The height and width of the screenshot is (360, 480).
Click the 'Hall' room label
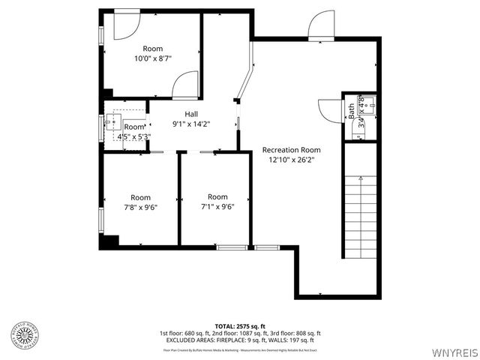tap(191, 114)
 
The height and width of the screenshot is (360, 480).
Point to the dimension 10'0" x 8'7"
tap(153, 58)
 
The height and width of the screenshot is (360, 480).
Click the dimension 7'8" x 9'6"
tap(140, 208)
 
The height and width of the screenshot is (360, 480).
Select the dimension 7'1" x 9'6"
tap(217, 207)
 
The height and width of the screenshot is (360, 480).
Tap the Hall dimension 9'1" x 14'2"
tap(191, 124)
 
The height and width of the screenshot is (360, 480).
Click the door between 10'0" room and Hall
tap(185, 85)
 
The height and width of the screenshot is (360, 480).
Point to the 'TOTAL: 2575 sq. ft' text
tap(240, 325)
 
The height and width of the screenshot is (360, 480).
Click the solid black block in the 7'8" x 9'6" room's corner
tap(109, 241)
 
